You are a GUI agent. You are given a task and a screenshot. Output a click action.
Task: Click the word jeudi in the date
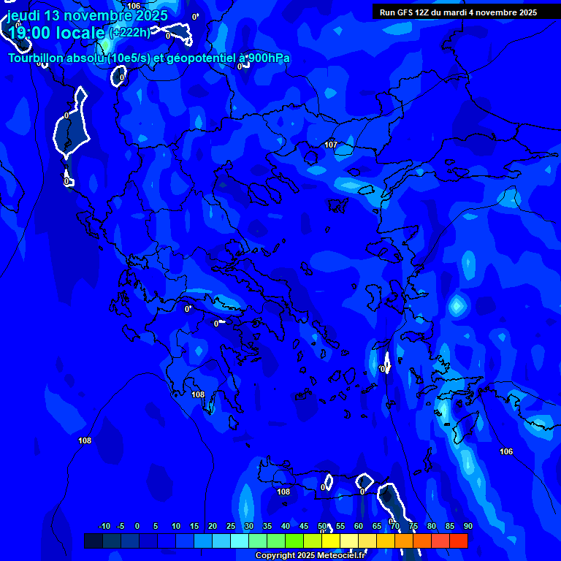24,16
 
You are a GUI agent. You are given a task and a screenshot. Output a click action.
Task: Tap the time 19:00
31,33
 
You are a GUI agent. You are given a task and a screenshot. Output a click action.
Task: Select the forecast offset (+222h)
130,32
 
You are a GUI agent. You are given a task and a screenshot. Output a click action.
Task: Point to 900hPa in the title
267,58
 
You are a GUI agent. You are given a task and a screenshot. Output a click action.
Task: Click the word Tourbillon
37,58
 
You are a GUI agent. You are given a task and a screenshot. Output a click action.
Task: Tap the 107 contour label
331,145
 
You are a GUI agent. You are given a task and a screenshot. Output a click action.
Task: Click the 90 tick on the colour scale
467,526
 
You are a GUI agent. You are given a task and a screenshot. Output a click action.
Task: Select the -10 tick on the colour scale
104,526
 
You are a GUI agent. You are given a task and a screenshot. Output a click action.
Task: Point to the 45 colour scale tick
304,526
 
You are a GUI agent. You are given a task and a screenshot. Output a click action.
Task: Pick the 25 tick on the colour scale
231,526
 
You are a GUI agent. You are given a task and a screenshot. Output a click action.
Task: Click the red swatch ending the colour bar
459,541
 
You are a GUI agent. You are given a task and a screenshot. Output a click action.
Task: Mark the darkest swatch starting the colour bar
93,541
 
